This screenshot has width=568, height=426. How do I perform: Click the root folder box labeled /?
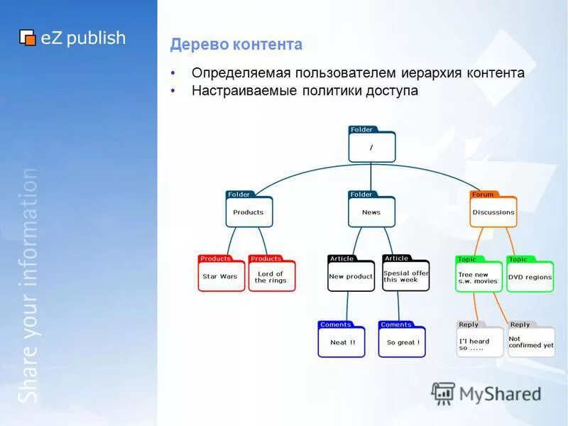(371, 147)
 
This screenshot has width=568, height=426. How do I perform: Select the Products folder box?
(248, 212)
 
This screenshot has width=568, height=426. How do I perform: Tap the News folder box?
(371, 212)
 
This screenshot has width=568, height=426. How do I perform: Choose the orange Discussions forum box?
(493, 212)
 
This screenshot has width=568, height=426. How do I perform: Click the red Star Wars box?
(220, 276)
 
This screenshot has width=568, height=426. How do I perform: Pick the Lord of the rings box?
(271, 276)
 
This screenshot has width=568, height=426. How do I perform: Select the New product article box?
(351, 276)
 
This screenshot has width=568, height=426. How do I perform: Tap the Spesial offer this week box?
(406, 276)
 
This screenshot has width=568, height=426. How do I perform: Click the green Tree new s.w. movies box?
(479, 277)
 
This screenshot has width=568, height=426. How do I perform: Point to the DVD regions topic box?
(530, 277)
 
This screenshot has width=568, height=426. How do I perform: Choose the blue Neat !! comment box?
(342, 342)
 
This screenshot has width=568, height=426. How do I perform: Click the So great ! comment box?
(403, 342)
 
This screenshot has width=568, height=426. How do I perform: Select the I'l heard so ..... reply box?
(479, 342)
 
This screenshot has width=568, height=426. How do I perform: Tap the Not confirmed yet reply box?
(531, 342)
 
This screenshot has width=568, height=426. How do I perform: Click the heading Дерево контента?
(236, 45)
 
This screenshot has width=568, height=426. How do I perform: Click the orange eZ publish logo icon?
(28, 38)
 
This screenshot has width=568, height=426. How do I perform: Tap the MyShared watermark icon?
(443, 393)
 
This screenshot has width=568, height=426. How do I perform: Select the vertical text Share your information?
(28, 284)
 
